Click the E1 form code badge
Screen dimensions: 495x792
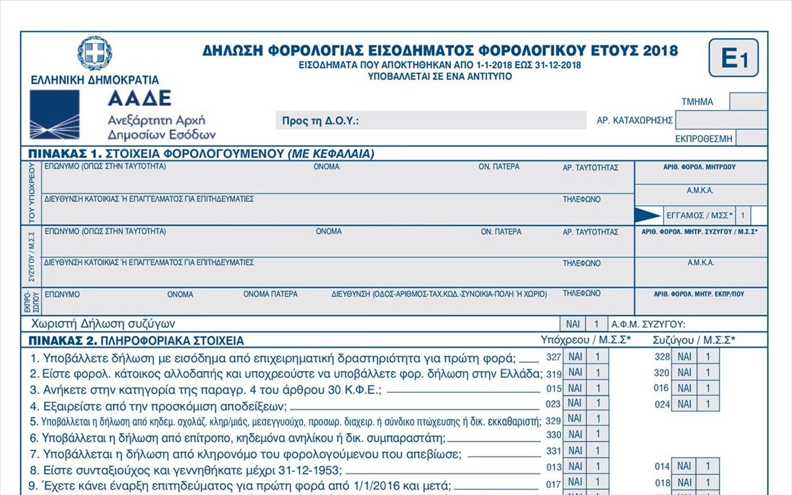[x=733, y=58]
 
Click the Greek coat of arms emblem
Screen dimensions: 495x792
[x=94, y=53]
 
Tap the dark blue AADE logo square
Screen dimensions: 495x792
[x=55, y=114]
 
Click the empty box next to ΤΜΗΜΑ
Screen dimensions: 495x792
[x=748, y=102]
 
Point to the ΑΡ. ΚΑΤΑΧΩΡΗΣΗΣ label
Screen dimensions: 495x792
[x=634, y=120]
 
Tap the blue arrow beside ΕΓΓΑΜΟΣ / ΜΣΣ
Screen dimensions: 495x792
[x=647, y=215]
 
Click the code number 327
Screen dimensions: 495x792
[x=553, y=357]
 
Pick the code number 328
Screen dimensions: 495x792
[x=661, y=357]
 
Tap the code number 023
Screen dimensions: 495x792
[x=553, y=403]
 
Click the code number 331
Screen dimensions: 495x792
[x=553, y=451]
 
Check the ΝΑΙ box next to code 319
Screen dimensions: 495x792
[x=575, y=373]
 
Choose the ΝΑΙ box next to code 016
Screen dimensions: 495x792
[x=684, y=388]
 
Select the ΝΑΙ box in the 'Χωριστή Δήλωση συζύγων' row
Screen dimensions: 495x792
[x=572, y=324]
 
